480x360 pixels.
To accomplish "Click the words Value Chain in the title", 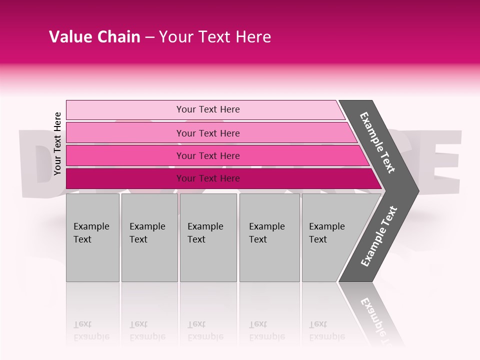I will tap(94, 37).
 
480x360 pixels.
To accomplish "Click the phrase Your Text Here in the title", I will tap(215, 37).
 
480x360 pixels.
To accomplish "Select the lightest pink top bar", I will tap(125, 110).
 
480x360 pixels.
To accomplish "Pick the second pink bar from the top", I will tap(125, 133).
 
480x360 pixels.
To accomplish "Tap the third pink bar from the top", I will tap(125, 155).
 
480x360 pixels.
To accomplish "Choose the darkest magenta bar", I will tap(125, 178).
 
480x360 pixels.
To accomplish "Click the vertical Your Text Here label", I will tap(58, 143).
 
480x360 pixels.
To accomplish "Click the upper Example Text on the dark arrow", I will tap(377, 142).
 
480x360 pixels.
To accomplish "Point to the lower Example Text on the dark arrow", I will tap(379, 236).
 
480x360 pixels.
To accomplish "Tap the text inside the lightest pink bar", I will tap(208, 109).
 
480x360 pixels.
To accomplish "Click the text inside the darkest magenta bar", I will tap(208, 178).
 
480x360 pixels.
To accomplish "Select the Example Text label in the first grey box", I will tap(91, 233).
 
